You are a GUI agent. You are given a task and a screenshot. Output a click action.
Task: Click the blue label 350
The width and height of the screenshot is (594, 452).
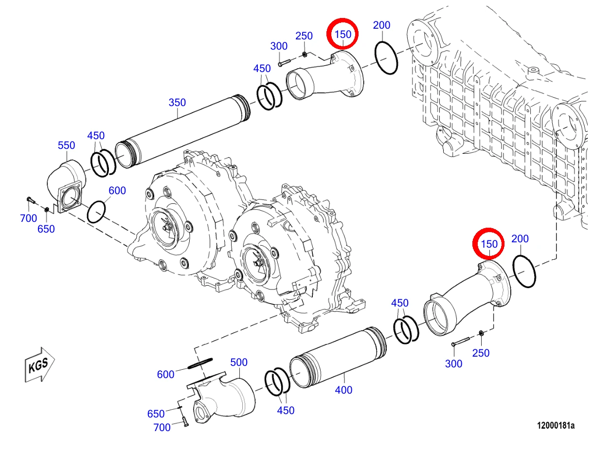point(177,103)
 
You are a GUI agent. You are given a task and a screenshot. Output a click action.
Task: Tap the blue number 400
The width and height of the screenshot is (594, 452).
point(343,390)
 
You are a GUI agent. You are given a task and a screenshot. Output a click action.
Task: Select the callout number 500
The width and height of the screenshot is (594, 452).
point(239,362)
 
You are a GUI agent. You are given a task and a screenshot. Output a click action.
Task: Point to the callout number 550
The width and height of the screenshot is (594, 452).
point(66,145)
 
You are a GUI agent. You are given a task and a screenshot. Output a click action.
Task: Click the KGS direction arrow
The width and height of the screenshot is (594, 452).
point(40,364)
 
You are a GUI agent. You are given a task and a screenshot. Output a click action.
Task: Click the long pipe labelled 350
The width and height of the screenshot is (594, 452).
point(182,131)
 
